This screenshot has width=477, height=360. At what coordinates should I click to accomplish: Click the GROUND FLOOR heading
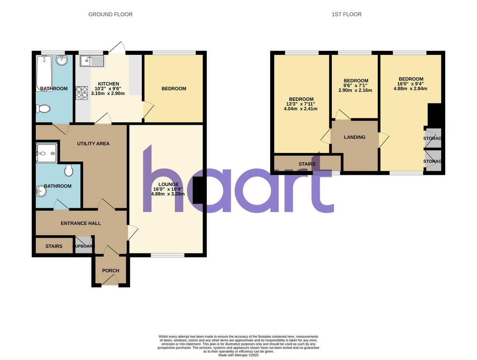(110, 14)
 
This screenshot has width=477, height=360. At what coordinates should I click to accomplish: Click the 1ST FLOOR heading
(346, 14)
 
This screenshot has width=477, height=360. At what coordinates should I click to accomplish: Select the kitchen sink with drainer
(91, 61)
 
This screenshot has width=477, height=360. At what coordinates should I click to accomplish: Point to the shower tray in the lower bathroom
(47, 153)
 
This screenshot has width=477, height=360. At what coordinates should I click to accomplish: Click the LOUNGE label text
(169, 184)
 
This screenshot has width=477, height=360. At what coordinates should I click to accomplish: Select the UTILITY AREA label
(93, 143)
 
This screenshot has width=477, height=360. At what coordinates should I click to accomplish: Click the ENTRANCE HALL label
(81, 223)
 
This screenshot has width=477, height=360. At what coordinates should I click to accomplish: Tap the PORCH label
(111, 271)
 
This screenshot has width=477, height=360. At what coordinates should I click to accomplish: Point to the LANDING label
(355, 137)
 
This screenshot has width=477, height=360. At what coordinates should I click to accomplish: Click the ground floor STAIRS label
(54, 246)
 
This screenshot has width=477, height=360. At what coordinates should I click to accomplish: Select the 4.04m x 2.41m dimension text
(301, 109)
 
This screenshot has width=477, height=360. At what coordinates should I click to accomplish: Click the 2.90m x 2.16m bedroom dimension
(355, 90)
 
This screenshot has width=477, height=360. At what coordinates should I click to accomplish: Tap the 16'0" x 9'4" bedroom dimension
(411, 84)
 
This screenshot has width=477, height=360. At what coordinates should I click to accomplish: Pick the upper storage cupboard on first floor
(433, 138)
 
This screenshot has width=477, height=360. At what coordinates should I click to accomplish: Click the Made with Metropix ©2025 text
(238, 355)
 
